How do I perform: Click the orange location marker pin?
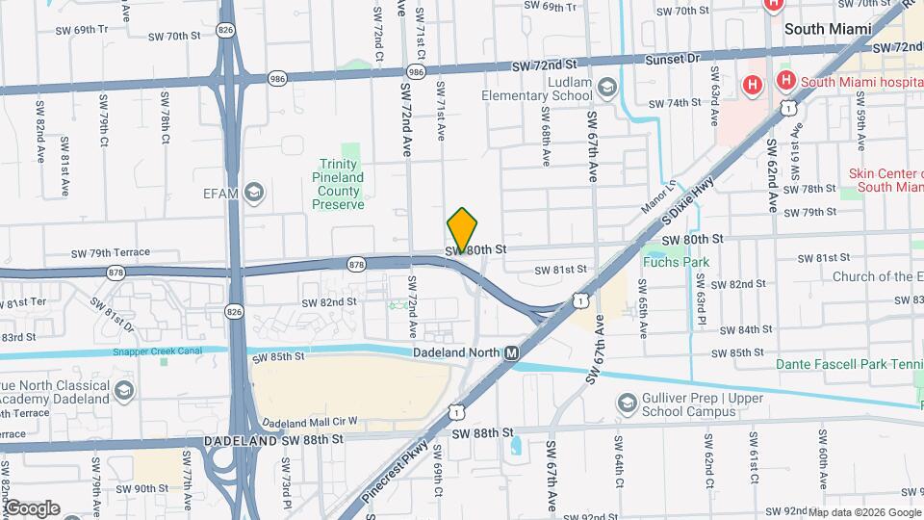pyautogui.click(x=463, y=229)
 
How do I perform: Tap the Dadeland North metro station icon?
pyautogui.click(x=511, y=353)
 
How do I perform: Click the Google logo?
pyautogui.click(x=32, y=507)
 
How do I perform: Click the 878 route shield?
pyautogui.click(x=357, y=263)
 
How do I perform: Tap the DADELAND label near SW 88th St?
pyautogui.click(x=241, y=440)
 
